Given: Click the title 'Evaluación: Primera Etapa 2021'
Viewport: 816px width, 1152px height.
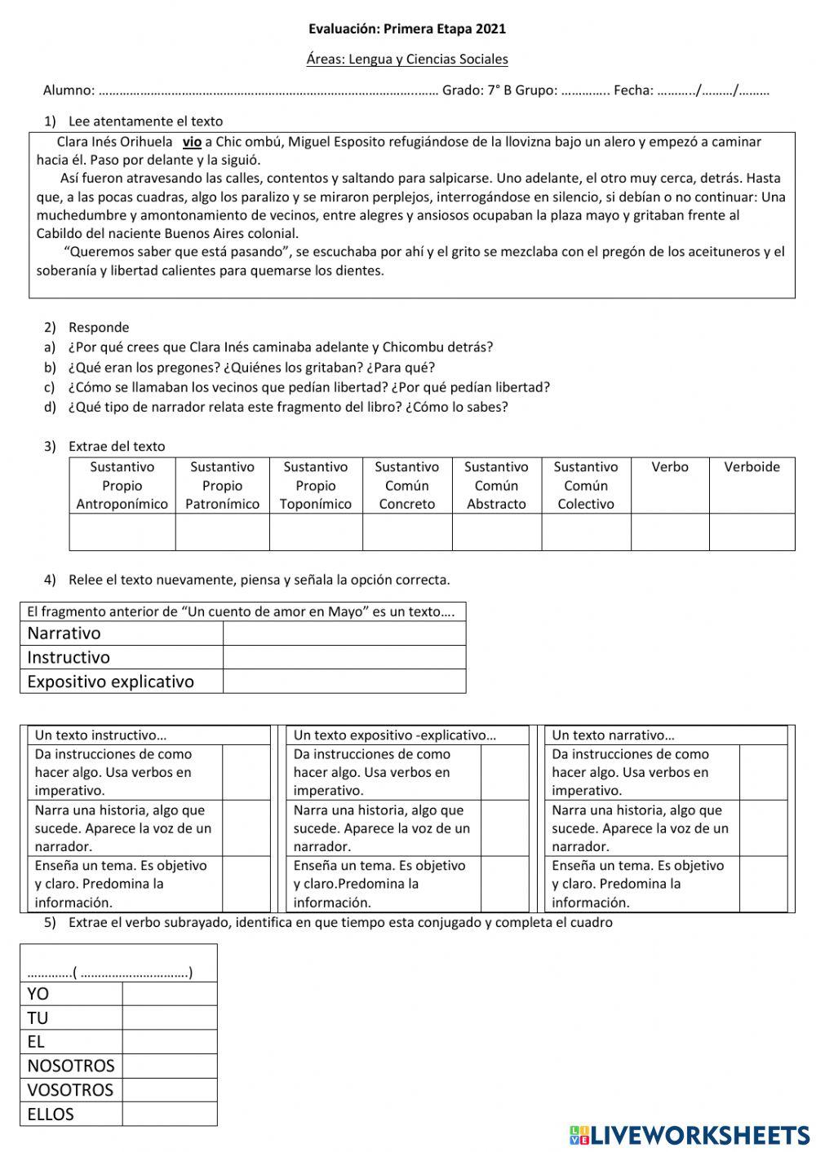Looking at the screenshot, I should [x=406, y=29].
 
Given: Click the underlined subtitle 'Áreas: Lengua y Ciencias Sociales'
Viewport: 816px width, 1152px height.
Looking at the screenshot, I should [x=406, y=59].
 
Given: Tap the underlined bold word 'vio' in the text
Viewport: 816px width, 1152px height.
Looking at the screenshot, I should [x=192, y=142].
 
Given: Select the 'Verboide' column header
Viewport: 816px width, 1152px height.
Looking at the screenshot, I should [x=752, y=467].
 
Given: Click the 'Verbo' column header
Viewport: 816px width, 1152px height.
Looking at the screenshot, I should [x=669, y=467].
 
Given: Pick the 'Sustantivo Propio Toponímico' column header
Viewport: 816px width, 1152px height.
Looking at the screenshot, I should [x=315, y=485].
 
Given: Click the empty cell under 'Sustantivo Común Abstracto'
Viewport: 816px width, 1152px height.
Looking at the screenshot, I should [x=496, y=532].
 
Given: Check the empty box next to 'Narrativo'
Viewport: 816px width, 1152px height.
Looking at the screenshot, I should [x=344, y=633].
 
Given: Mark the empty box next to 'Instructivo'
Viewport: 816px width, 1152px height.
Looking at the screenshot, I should [x=344, y=657].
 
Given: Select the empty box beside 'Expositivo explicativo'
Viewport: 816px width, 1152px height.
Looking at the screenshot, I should [x=344, y=682].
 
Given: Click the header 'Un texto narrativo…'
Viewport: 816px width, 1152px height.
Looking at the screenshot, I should [x=613, y=735].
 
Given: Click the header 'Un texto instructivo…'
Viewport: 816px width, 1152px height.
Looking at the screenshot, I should [x=100, y=735].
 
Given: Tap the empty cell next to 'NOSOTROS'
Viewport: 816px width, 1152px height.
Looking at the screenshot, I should [x=169, y=1066].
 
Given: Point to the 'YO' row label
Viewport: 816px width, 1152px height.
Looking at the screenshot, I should [x=38, y=994].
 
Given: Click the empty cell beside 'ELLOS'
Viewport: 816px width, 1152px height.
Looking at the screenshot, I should [x=169, y=1114].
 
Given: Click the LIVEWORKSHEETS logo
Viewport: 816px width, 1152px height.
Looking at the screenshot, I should [x=690, y=1135].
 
